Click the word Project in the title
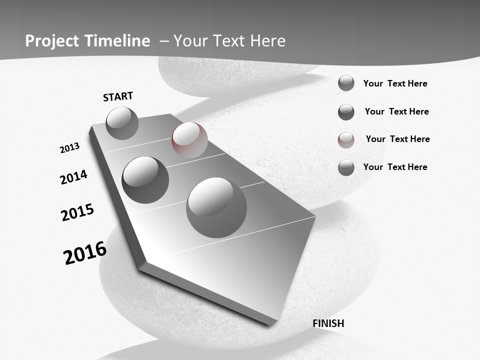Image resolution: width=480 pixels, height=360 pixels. point(52,41)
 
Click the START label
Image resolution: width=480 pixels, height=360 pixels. point(118,96)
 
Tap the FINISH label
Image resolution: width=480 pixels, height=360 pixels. point(328,323)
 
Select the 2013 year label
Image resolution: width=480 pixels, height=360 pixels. point(69,148)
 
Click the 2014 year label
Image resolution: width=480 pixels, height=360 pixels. point(73,177)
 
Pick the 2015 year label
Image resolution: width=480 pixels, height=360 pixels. point(77,212)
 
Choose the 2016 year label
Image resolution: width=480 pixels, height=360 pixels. point(85,253)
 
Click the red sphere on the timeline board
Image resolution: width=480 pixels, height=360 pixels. point(189,140)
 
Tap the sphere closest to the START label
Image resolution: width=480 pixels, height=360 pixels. point(122,123)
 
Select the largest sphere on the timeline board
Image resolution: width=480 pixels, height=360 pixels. point(216,207)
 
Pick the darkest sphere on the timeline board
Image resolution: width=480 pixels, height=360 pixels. point(145,180)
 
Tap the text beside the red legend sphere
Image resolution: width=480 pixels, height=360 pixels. point(397,139)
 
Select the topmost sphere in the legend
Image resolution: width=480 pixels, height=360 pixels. point(346,83)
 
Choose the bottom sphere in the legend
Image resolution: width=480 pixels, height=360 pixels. point(346,168)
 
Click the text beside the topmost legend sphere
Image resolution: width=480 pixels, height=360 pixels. point(395,83)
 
